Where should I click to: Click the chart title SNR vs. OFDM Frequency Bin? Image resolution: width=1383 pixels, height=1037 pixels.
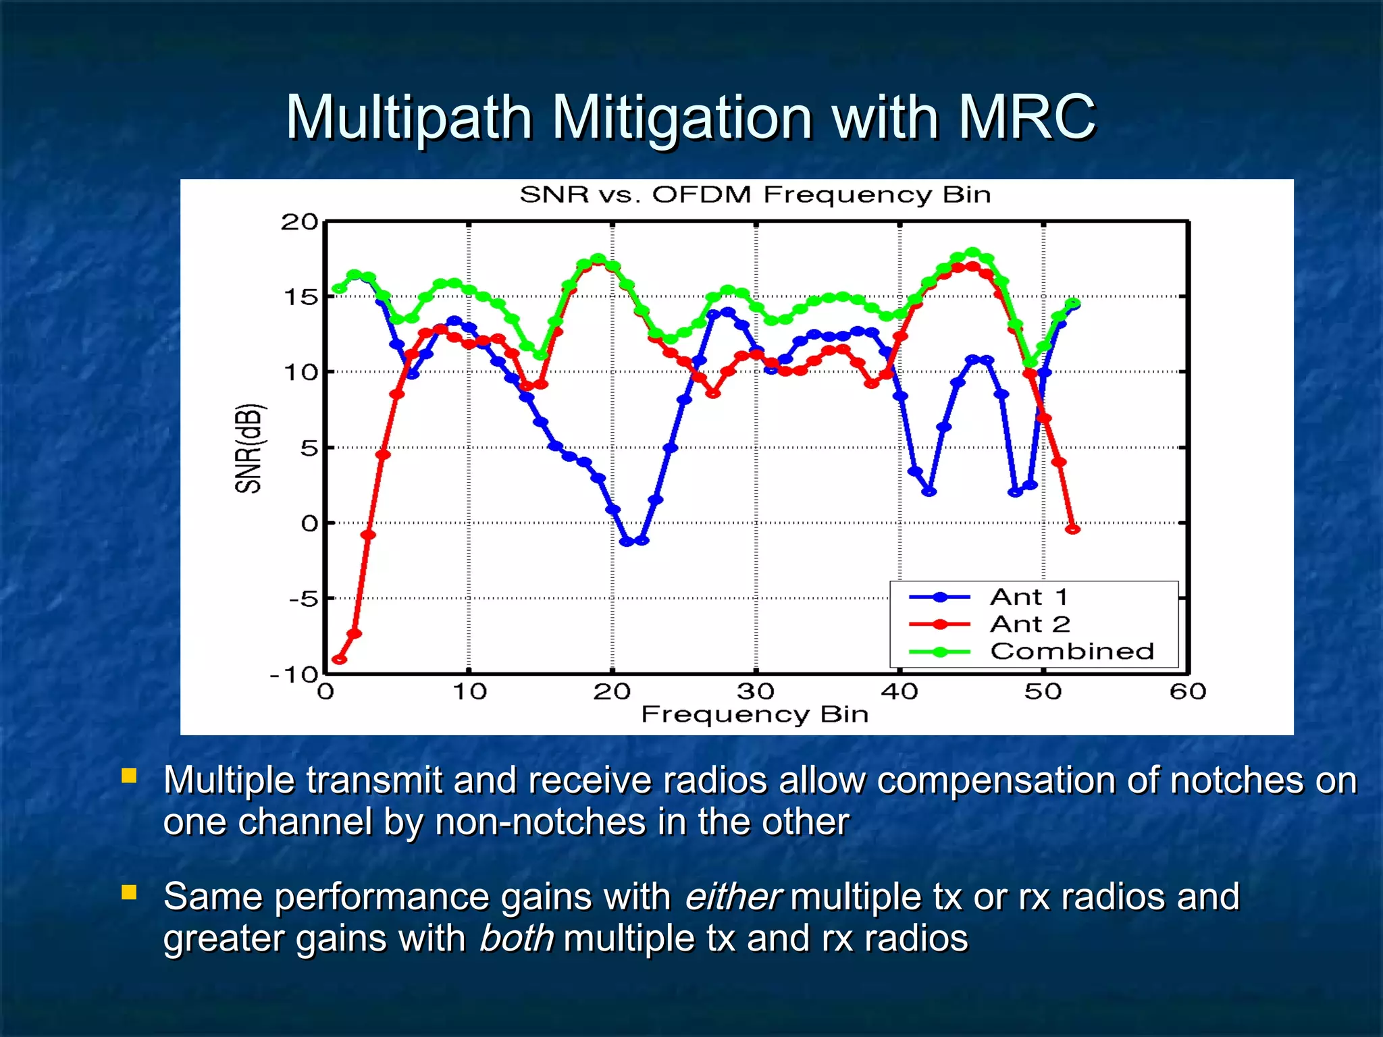755,194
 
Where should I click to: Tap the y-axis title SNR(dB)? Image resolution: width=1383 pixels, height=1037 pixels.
249,448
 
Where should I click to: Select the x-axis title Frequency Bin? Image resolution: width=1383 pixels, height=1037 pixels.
754,714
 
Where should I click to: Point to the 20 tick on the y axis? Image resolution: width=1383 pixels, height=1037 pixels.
299,221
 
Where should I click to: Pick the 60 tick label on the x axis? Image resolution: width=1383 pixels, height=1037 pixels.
1188,691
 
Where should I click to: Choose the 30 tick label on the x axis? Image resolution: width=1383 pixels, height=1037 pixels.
756,691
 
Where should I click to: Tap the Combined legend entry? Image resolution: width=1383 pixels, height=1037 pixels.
1072,651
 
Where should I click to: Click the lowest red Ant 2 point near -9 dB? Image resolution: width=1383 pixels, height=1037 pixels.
340,659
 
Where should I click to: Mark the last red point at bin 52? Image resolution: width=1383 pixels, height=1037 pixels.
1072,529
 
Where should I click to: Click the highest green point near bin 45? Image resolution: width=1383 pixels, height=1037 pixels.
972,252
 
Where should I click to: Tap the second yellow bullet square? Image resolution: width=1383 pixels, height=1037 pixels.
129,893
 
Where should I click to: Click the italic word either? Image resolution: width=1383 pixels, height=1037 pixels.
732,897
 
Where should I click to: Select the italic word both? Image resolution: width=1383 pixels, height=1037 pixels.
516,938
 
